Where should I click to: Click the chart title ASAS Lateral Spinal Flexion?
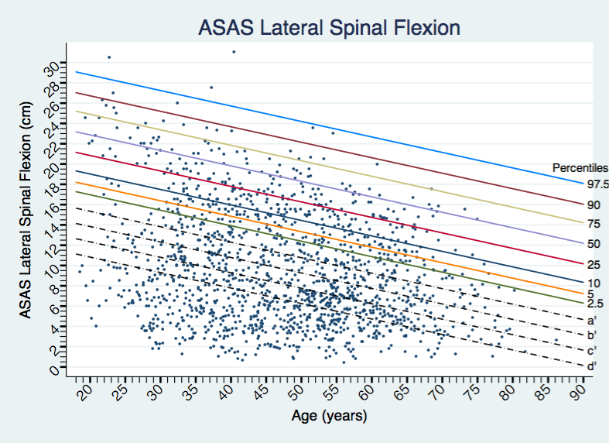330,29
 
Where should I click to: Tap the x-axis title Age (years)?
329,416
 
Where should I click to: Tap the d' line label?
591,366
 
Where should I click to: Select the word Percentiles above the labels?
580,167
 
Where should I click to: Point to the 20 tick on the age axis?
86,394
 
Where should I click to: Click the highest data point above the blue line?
234,52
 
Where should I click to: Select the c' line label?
591,351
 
